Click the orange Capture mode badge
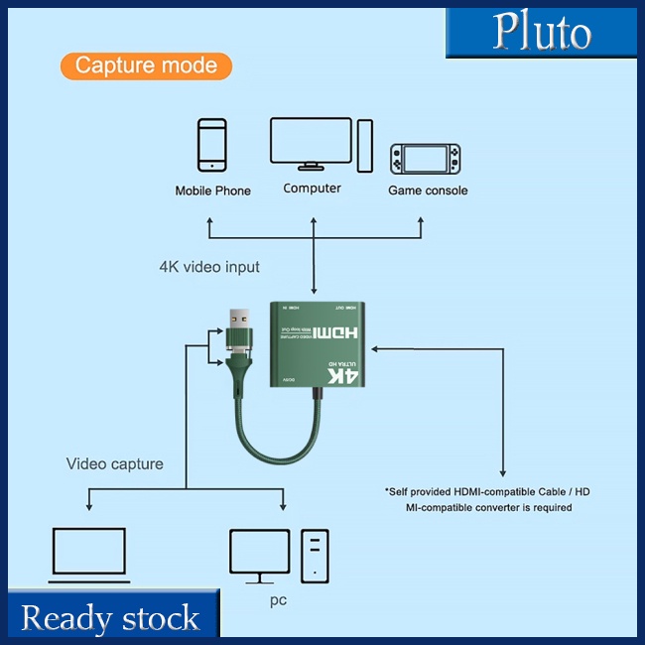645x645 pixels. coord(146,66)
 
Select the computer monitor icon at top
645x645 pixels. coord(311,144)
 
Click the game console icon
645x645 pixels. coord(426,158)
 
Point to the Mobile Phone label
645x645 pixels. coord(212,191)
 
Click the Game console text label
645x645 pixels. coord(428,191)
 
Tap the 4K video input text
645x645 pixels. coord(209,267)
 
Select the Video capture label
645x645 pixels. coord(115,463)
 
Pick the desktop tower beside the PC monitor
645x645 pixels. coord(316,554)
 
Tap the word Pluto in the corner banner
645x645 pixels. coord(542,33)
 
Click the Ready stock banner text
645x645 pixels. coord(110,618)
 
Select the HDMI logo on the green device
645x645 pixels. coord(342,336)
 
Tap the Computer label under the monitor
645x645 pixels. coord(312,189)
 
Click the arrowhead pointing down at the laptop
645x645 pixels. coord(89,507)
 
